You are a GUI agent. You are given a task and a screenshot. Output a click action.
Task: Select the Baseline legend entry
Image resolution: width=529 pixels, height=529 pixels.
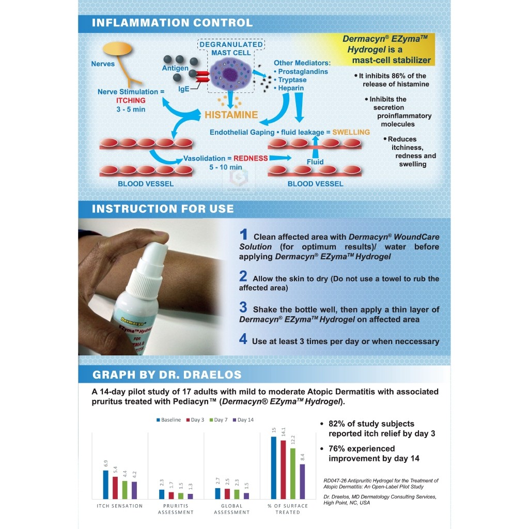pyautogui.click(x=168, y=420)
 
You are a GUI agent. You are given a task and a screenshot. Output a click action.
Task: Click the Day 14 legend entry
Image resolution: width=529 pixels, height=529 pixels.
pyautogui.click(x=243, y=420)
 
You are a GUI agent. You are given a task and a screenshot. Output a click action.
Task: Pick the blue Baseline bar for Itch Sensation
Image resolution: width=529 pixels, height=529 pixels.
pyautogui.click(x=105, y=484)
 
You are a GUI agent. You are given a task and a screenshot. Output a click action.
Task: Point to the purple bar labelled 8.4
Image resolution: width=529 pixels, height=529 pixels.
pyautogui.click(x=302, y=481)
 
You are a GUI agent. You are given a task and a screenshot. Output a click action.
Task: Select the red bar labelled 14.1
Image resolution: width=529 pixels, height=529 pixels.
pyautogui.click(x=283, y=469)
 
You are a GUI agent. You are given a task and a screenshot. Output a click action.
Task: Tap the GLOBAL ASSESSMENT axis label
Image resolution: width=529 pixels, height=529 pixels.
pyautogui.click(x=232, y=509)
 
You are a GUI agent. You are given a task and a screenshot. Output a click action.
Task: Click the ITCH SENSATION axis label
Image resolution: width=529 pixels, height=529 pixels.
pyautogui.click(x=119, y=506)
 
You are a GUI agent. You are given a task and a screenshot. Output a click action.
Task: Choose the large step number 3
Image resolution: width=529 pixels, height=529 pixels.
pyautogui.click(x=243, y=308)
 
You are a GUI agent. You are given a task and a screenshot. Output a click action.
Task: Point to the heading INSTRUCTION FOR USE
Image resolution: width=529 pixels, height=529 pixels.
pyautogui.click(x=163, y=209)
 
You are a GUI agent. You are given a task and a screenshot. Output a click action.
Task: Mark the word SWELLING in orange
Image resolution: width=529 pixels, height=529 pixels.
pyautogui.click(x=351, y=132)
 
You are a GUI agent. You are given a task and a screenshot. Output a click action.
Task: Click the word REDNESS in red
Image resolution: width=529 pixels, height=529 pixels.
pyautogui.click(x=251, y=158)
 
